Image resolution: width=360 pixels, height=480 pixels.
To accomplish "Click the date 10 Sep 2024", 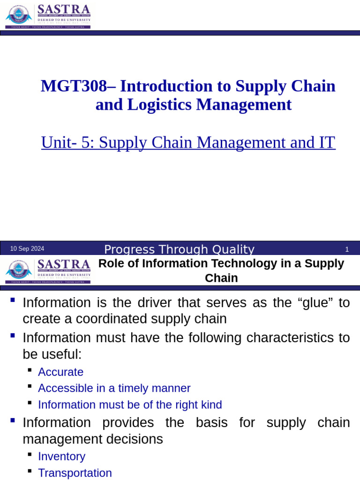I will pyautogui.click(x=27, y=249).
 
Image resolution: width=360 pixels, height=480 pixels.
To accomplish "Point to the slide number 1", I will pyautogui.click(x=347, y=249).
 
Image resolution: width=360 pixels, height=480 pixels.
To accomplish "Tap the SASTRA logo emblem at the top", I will pyautogui.click(x=19, y=17).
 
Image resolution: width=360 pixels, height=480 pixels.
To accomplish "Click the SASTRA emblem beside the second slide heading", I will pyautogui.click(x=19, y=271).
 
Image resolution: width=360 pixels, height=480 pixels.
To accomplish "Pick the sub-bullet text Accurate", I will pyautogui.click(x=60, y=372).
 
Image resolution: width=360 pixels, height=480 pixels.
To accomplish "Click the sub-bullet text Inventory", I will pyautogui.click(x=61, y=457).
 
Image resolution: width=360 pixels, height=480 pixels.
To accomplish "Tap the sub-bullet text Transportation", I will pyautogui.click(x=75, y=473).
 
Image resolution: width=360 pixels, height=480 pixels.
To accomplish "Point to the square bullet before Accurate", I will pyautogui.click(x=30, y=371).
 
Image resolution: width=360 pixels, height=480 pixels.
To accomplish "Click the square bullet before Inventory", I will pyautogui.click(x=30, y=455).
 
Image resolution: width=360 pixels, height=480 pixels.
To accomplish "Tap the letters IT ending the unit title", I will pyautogui.click(x=327, y=142).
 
